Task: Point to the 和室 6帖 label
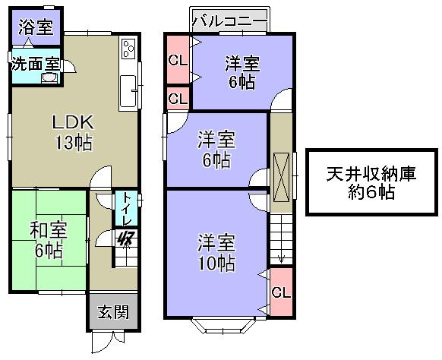click(x=46, y=238)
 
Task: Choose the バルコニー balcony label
click(x=229, y=20)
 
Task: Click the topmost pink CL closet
click(x=178, y=60)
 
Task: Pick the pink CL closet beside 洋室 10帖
click(x=279, y=292)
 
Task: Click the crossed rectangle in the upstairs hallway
click(x=280, y=175)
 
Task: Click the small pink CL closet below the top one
click(x=178, y=99)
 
